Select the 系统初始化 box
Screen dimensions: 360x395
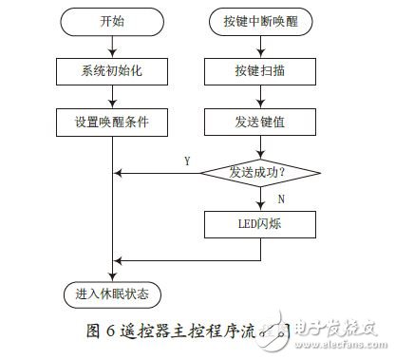[x=113, y=71]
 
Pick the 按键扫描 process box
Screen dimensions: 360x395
[x=259, y=71]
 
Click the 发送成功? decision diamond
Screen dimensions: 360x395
[x=259, y=173]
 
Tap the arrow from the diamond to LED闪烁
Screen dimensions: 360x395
[x=259, y=199]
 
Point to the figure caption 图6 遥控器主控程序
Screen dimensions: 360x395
[x=180, y=332]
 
